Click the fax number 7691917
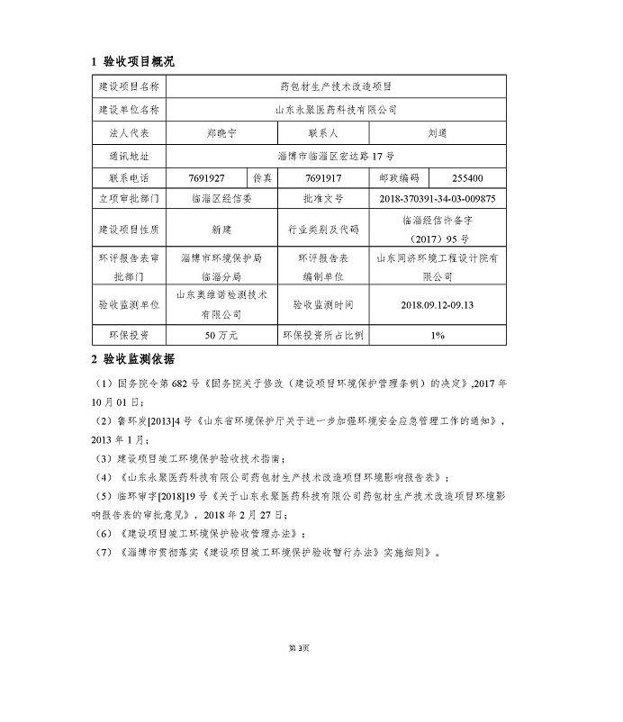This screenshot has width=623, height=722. pos(322,177)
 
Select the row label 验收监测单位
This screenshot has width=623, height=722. pos(128,304)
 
